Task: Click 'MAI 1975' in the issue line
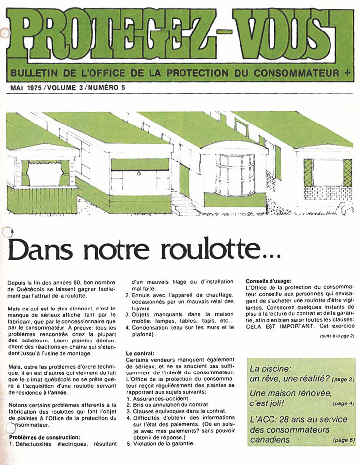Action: [26, 88]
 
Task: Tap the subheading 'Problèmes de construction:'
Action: [44, 437]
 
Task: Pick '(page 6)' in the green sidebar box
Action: [343, 440]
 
